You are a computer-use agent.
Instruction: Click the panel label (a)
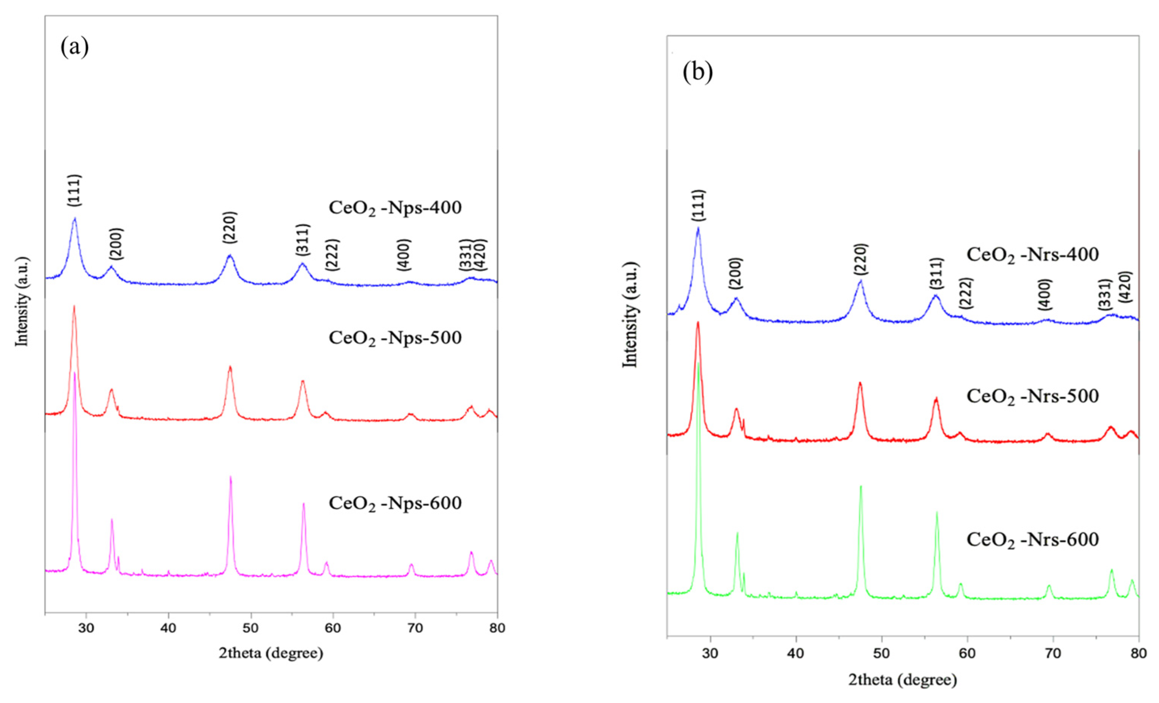pyautogui.click(x=74, y=48)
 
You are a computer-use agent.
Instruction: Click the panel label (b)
pyautogui.click(x=697, y=72)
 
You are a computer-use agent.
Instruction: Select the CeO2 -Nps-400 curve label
pyautogui.click(x=395, y=208)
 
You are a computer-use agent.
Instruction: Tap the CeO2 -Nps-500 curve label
pyautogui.click(x=395, y=338)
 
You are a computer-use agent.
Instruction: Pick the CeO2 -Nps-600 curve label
pyautogui.click(x=395, y=503)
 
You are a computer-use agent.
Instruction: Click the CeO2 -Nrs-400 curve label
pyautogui.click(x=1033, y=254)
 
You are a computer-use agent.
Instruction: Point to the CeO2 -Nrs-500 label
pyautogui.click(x=1033, y=396)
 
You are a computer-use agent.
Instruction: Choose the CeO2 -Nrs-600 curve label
pyautogui.click(x=1033, y=539)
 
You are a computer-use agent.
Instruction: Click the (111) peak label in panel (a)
pyautogui.click(x=74, y=190)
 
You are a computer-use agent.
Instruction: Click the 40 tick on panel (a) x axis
pyautogui.click(x=168, y=628)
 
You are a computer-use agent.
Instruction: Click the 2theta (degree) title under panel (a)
pyautogui.click(x=271, y=653)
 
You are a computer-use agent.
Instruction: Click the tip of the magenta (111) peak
pyautogui.click(x=74, y=373)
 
